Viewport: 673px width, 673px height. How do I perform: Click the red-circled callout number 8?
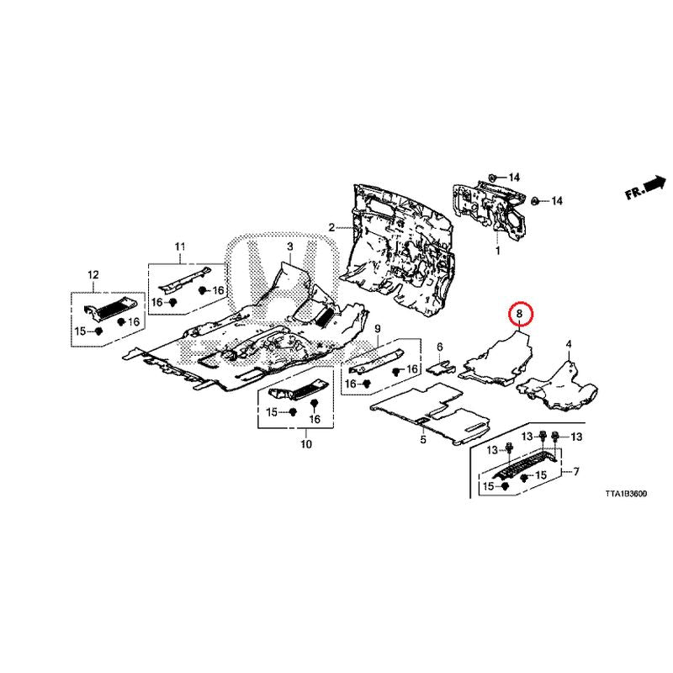pyautogui.click(x=520, y=314)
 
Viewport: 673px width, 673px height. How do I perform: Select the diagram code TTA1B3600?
pyautogui.click(x=626, y=494)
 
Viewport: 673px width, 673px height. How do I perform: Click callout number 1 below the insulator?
pyautogui.click(x=497, y=250)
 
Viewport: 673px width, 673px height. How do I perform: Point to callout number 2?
pyautogui.click(x=331, y=227)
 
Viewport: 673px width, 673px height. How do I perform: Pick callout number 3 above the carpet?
pyautogui.click(x=290, y=246)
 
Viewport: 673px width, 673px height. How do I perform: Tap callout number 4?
pyautogui.click(x=569, y=344)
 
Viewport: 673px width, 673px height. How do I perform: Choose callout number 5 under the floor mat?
pyautogui.click(x=423, y=439)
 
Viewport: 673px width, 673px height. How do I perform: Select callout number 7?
pyautogui.click(x=576, y=472)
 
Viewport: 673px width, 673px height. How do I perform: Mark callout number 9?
pyautogui.click(x=377, y=329)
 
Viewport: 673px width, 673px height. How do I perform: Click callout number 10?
pyautogui.click(x=306, y=444)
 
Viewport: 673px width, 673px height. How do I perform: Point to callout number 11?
pyautogui.click(x=180, y=246)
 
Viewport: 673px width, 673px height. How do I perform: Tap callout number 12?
pyautogui.click(x=93, y=275)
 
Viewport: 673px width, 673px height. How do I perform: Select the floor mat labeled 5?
pyautogui.click(x=429, y=413)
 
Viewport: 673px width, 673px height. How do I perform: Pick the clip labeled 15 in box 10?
pyautogui.click(x=294, y=412)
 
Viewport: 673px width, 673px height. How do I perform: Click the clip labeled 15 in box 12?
pyautogui.click(x=98, y=331)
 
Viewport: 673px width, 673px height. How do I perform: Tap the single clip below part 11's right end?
pyautogui.click(x=203, y=290)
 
